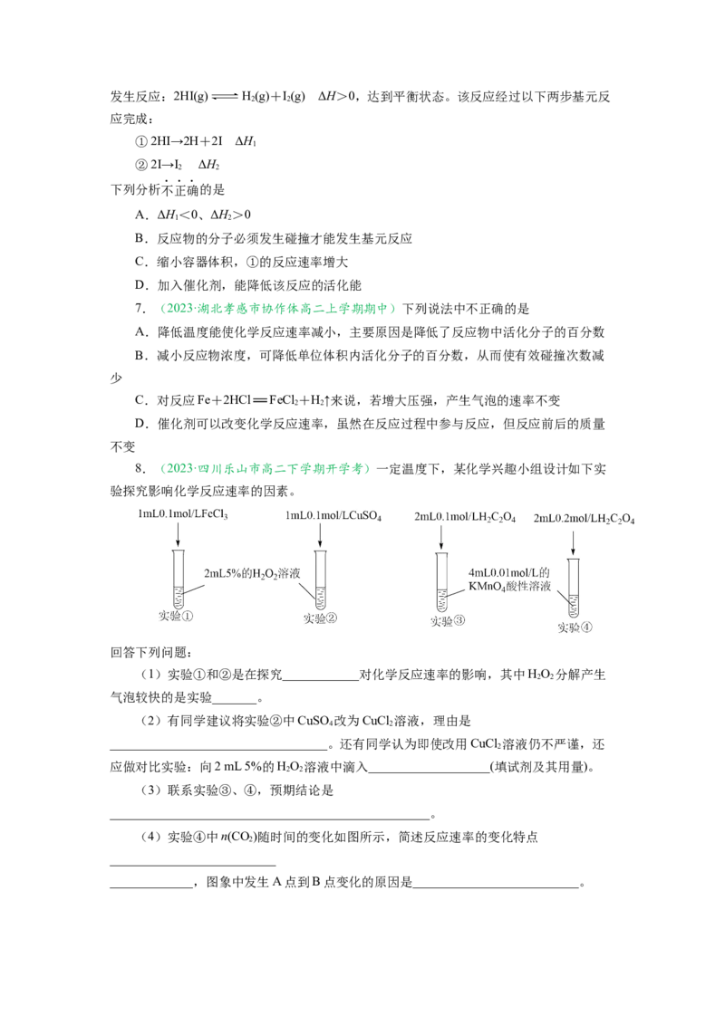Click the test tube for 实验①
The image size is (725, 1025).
(178, 580)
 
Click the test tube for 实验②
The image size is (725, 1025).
(320, 580)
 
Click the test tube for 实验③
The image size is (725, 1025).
(441, 582)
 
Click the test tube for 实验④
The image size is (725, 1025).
(573, 587)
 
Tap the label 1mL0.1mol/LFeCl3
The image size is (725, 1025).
(182, 514)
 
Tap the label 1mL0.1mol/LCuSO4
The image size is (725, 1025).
(333, 516)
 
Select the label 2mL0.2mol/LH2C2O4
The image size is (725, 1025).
(584, 518)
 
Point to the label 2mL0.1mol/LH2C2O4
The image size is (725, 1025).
(465, 517)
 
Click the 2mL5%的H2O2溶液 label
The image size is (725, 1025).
(252, 573)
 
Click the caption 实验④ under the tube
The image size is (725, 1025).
(575, 627)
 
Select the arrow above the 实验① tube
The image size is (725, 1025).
(178, 535)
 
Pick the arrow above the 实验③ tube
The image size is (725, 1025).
(441, 537)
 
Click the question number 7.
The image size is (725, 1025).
(140, 309)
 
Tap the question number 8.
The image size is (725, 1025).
(140, 468)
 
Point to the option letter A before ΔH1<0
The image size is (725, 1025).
(140, 215)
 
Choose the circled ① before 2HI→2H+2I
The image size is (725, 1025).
(140, 141)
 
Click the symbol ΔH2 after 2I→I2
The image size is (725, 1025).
(208, 165)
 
